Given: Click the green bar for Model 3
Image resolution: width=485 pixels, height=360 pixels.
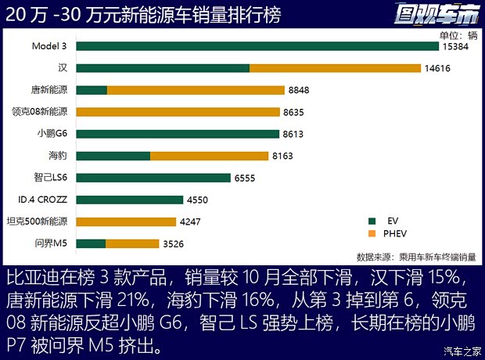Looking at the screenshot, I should pos(257,46).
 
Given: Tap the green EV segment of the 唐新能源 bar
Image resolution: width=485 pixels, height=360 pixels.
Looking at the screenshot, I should pos(92,90).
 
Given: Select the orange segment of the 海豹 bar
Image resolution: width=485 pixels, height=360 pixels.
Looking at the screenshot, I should pos(209,156).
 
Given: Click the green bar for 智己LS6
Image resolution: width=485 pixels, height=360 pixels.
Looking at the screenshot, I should pos(153,178).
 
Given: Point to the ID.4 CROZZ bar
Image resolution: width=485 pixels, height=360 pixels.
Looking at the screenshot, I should pos(130,200).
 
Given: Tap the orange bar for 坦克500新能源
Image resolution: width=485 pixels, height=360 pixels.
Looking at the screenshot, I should pos(126,221).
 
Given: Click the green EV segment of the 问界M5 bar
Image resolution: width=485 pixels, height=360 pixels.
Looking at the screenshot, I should pos(91,243).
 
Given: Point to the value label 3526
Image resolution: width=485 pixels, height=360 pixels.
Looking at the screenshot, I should pos(174,244).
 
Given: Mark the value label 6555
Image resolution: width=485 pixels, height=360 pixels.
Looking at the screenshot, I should pos(245,178).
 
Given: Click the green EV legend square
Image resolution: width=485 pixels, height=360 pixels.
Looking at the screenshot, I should pos(372,221).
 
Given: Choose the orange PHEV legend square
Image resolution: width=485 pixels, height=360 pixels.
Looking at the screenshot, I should pos(372,233).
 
